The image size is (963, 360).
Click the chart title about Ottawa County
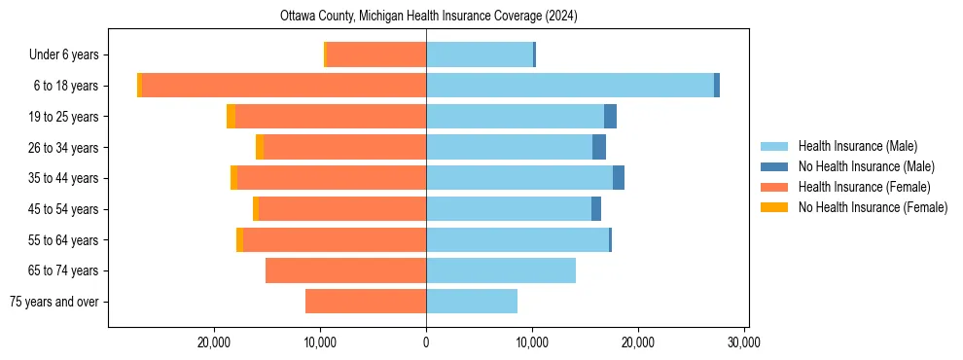click(429, 17)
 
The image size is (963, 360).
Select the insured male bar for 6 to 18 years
click(569, 86)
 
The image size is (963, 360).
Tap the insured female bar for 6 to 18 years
click(284, 86)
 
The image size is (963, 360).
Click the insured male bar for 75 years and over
click(472, 302)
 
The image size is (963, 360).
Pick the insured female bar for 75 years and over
click(366, 302)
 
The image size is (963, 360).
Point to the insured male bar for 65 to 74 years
click(501, 270)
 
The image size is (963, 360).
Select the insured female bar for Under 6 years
click(376, 54)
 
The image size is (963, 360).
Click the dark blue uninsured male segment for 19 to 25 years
click(610, 117)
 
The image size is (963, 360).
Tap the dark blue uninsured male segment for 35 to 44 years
click(619, 178)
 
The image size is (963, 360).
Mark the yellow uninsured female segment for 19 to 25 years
click(231, 117)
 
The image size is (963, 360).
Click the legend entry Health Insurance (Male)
click(857, 146)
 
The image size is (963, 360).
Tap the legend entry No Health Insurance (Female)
click(873, 207)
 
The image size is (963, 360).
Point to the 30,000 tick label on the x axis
click(744, 342)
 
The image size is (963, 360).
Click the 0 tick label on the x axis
click(426, 342)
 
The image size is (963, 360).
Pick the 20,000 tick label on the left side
click(213, 342)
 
